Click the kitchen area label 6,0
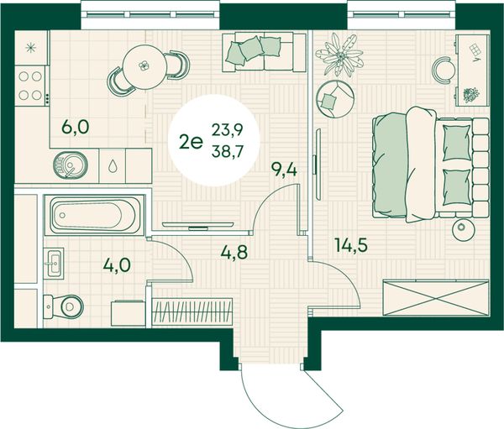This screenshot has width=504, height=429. click(76, 128)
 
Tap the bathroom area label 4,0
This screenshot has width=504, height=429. click(117, 266)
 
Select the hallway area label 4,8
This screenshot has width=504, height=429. click(234, 252)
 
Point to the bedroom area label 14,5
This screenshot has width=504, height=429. click(351, 245)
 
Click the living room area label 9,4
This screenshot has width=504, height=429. click(284, 170)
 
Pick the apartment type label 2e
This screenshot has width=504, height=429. click(192, 142)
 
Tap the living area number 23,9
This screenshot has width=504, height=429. click(227, 131)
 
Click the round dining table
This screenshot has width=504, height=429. click(144, 68)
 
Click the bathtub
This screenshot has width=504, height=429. click(94, 214)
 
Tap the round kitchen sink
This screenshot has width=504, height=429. click(70, 165)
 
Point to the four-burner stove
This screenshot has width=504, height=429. click(30, 86)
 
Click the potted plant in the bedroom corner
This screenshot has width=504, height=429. click(339, 55)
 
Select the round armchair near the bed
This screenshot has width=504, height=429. click(335, 99)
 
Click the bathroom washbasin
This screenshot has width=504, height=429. click(54, 264)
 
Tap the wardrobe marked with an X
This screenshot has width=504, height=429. click(436, 298)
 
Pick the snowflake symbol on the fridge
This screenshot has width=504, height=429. click(31, 48)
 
